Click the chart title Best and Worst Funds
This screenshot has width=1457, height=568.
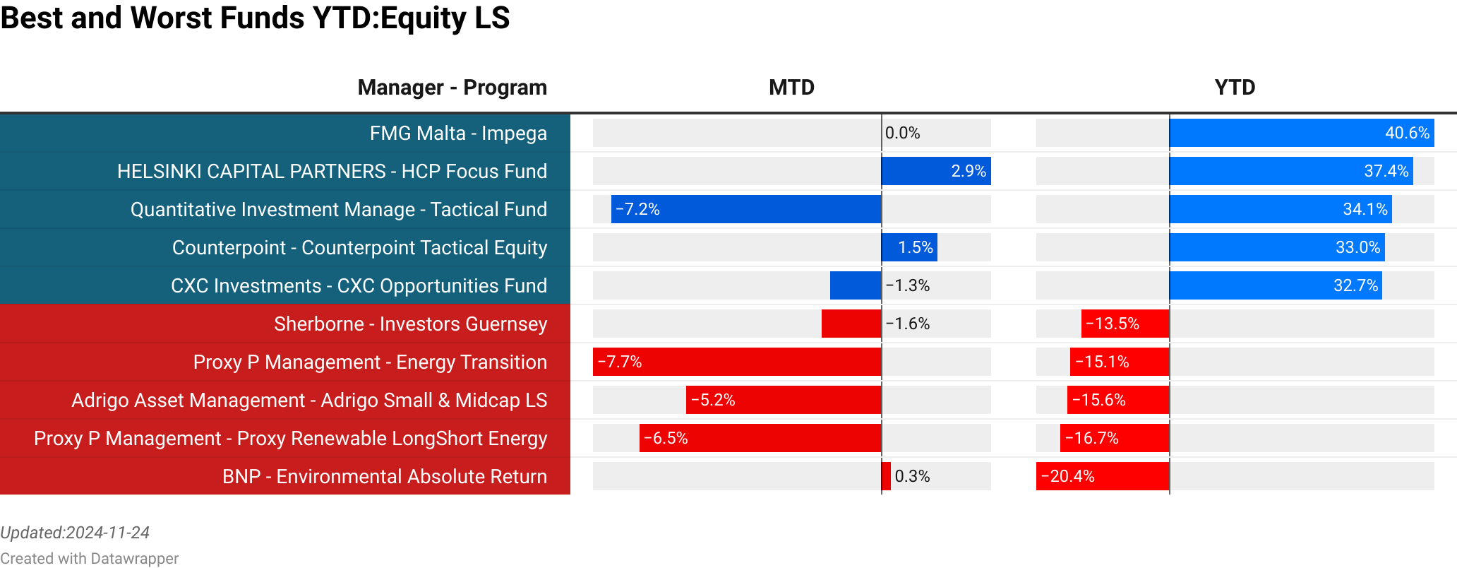(254, 18)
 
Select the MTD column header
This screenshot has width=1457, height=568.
(791, 87)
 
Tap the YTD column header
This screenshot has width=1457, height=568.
(1235, 87)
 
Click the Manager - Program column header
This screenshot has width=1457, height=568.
(452, 87)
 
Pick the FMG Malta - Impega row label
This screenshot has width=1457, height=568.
(458, 133)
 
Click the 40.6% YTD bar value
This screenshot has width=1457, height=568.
(1406, 133)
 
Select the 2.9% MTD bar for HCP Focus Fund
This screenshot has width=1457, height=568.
(936, 171)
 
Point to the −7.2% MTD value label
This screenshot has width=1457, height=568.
(637, 209)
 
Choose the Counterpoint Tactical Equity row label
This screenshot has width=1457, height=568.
(359, 247)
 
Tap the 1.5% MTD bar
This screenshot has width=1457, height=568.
(910, 247)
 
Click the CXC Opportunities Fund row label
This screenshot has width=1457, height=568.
(359, 285)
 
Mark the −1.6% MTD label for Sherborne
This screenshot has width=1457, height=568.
(908, 324)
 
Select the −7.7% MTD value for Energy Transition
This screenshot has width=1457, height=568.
(620, 362)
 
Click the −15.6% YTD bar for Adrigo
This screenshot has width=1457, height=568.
(1118, 400)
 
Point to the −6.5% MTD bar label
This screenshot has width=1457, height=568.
(666, 438)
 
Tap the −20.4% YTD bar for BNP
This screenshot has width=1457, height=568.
(1102, 476)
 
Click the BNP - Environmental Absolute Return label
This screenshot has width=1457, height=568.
(384, 476)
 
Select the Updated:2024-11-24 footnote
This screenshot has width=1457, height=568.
(75, 533)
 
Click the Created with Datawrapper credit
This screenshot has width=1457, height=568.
(89, 558)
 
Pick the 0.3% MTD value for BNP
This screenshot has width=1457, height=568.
(912, 476)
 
